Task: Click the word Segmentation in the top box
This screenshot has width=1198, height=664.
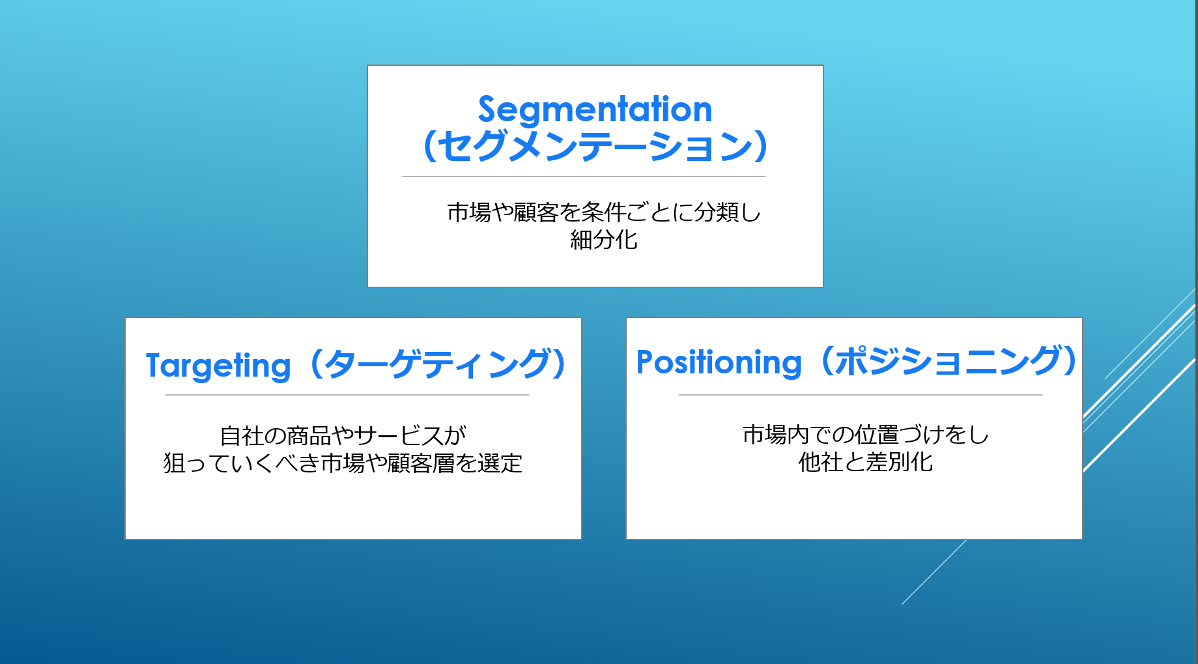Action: [x=595, y=109]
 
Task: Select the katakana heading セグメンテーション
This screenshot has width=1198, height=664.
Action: [x=595, y=146]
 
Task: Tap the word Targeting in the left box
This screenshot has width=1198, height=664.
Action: [x=218, y=366]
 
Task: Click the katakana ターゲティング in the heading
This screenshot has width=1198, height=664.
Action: [x=438, y=364]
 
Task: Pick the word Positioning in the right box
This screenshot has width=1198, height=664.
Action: [x=719, y=362]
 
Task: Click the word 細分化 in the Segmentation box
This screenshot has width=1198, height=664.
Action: [x=604, y=240]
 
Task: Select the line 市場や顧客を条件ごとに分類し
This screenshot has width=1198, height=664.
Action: [x=604, y=212]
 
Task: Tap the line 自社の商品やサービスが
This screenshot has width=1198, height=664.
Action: [x=343, y=435]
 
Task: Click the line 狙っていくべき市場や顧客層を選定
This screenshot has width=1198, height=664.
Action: [x=343, y=463]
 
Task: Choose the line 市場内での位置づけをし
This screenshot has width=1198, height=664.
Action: [x=866, y=434]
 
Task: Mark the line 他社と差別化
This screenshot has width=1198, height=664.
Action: [x=866, y=462]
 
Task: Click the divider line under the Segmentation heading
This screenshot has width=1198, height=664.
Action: [x=584, y=177]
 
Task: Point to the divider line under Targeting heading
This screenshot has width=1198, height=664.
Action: [x=347, y=395]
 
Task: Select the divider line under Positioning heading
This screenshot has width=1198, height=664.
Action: [x=861, y=395]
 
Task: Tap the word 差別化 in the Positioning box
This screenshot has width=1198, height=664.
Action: [x=900, y=462]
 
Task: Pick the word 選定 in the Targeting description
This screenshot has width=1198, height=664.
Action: [x=500, y=463]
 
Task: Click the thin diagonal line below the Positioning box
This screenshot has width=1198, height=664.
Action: [x=934, y=572]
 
